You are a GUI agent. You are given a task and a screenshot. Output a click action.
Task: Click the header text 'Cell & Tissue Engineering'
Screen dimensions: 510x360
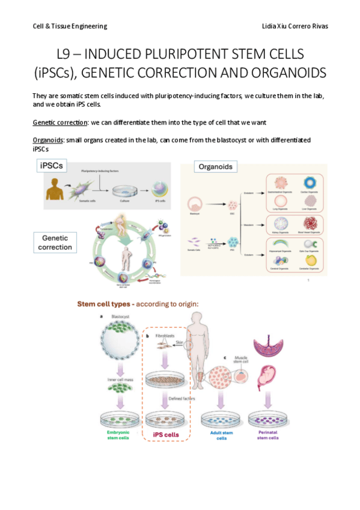[x=70, y=26]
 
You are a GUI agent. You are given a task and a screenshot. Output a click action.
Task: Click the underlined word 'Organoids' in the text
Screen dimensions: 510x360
[x=48, y=140]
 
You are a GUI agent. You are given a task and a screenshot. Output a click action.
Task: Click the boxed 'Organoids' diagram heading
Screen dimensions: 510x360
[x=213, y=167]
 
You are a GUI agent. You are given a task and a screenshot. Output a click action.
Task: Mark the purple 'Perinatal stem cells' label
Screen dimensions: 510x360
[x=267, y=436]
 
